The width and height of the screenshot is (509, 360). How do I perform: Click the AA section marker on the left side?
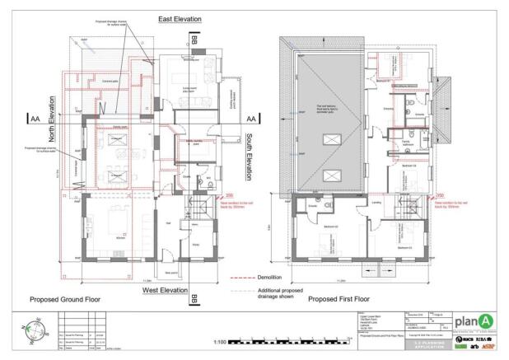pyautogui.click(x=35, y=119)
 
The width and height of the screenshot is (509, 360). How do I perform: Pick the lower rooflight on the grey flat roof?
pyautogui.click(x=334, y=174)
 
